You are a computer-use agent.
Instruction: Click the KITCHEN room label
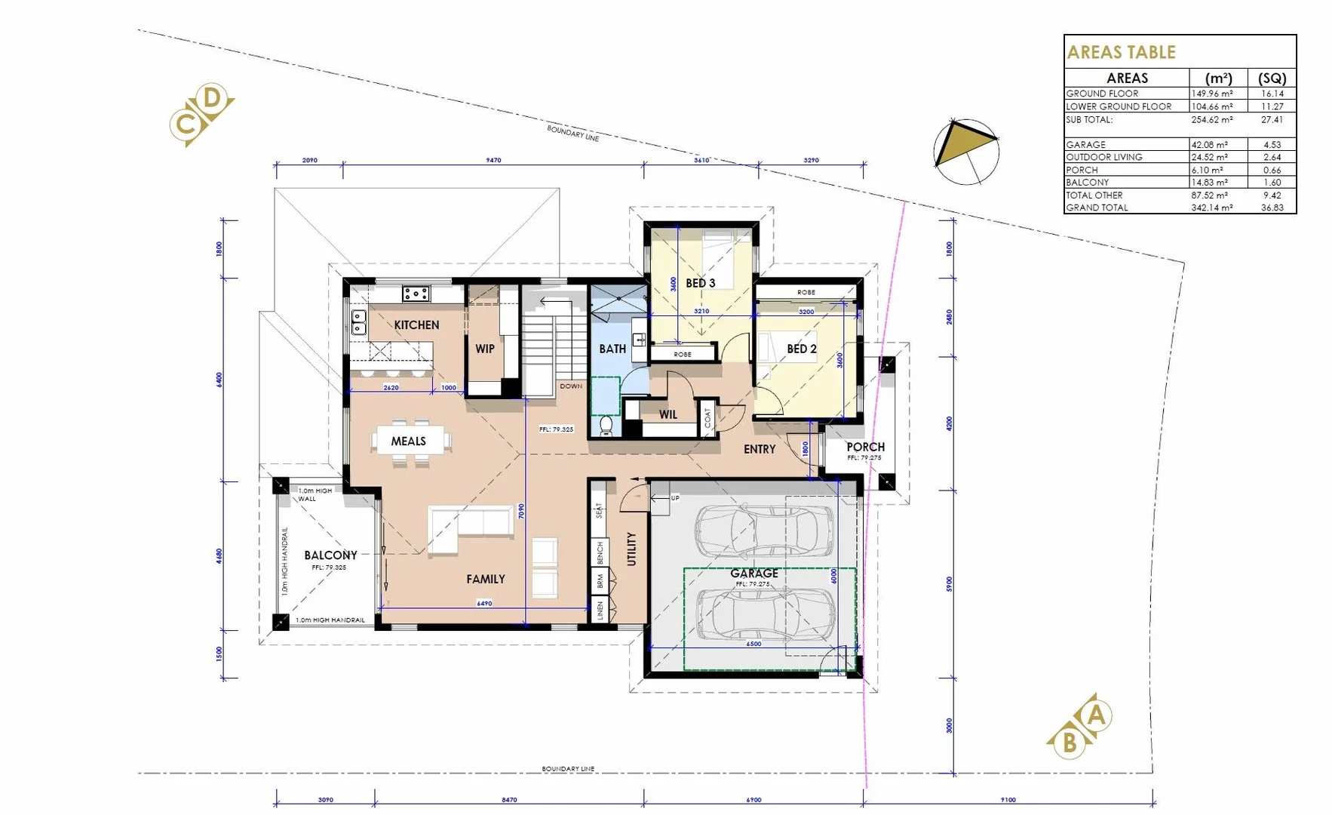416,324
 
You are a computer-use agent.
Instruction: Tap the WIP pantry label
485,349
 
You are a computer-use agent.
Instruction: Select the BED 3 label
700,283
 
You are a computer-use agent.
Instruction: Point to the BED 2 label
801,349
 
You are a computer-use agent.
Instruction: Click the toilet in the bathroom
606,426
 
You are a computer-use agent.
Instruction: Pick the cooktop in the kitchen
416,293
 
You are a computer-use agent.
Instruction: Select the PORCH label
865,447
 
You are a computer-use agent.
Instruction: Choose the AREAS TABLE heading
1121,52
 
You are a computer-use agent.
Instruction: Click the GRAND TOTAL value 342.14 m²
1211,208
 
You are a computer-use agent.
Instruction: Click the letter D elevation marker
213,98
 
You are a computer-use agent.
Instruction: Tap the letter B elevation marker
1069,743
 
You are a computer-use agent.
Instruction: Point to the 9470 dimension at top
493,160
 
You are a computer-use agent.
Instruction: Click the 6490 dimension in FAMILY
484,603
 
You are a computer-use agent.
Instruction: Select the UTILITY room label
632,549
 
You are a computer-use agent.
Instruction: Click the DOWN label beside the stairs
571,386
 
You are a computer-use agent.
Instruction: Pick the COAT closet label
707,417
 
